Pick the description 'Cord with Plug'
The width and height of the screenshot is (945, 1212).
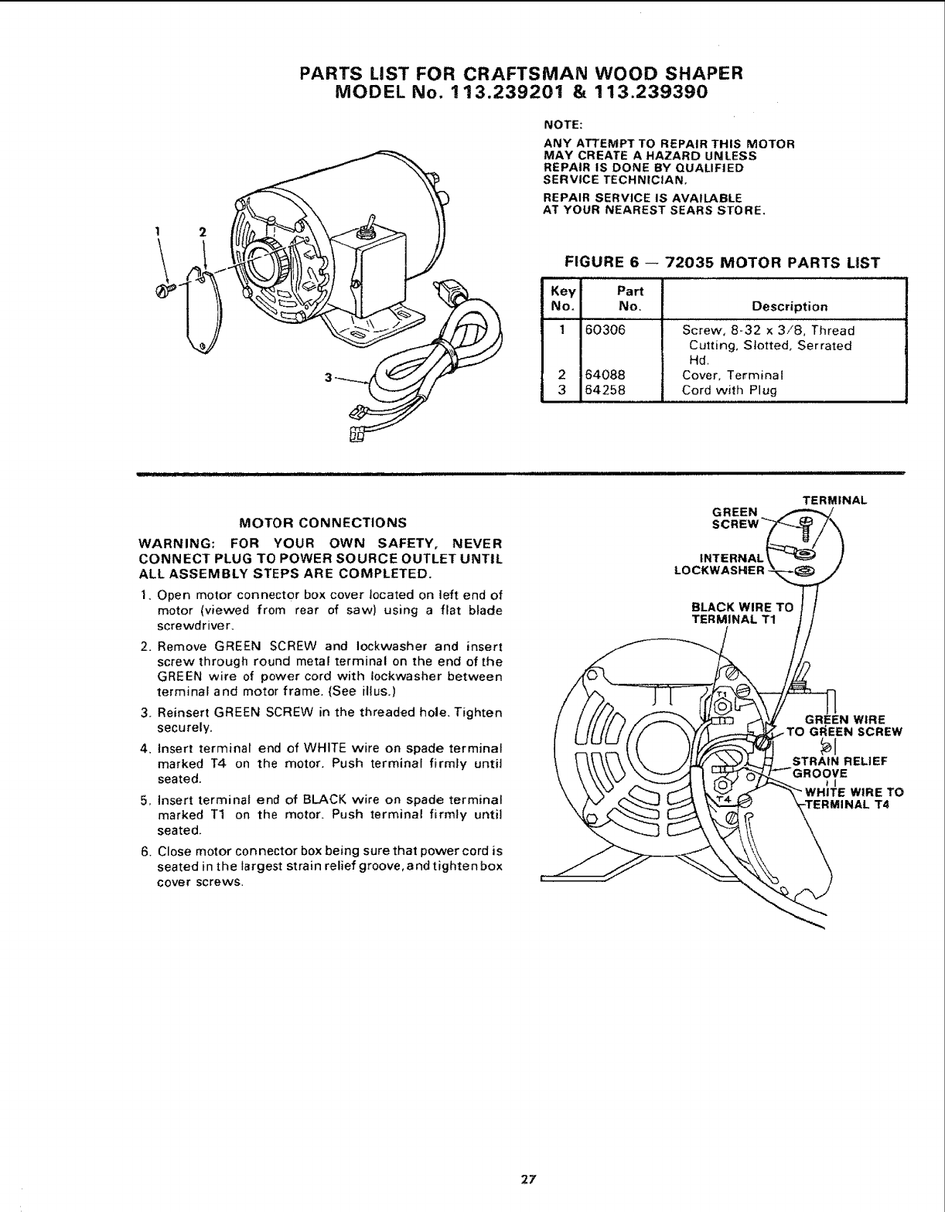pos(728,390)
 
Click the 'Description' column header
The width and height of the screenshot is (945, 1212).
pos(784,306)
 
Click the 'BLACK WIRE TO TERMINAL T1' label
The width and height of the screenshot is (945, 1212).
pos(742,613)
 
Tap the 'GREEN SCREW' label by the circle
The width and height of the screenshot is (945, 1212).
pos(735,517)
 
